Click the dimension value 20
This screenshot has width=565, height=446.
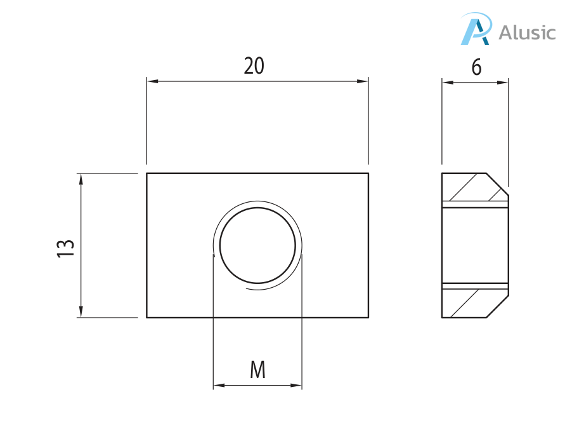pyautogui.click(x=254, y=66)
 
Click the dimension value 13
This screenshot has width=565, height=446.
pyautogui.click(x=66, y=248)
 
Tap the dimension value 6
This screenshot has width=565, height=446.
pyautogui.click(x=476, y=67)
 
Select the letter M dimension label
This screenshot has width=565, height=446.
pyautogui.click(x=257, y=370)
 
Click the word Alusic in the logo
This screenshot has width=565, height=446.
pyautogui.click(x=527, y=32)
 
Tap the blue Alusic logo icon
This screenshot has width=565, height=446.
pyautogui.click(x=476, y=30)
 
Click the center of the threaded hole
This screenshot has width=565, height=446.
pyautogui.click(x=257, y=245)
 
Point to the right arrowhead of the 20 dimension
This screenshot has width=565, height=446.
pyautogui.click(x=363, y=81)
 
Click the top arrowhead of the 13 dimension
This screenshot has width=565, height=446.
pyautogui.click(x=81, y=179)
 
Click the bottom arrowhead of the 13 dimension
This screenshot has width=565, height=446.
pyautogui.click(x=81, y=312)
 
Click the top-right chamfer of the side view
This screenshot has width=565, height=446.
pyautogui.click(x=498, y=184)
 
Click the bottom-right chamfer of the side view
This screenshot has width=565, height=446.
pyautogui.click(x=498, y=306)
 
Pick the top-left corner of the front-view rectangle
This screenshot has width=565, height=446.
pyautogui.click(x=147, y=173)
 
